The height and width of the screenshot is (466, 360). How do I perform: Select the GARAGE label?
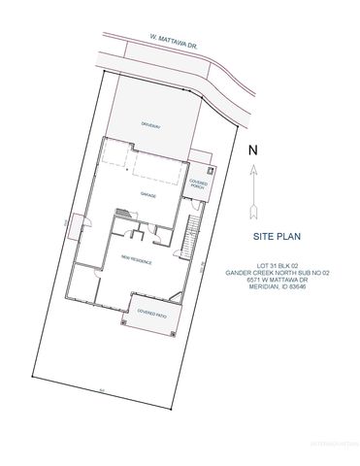[148, 196]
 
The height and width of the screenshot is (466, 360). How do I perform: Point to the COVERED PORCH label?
[200, 183]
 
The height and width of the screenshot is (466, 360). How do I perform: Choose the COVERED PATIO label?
[150, 314]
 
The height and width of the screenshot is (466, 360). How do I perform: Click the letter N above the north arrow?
[253, 150]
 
